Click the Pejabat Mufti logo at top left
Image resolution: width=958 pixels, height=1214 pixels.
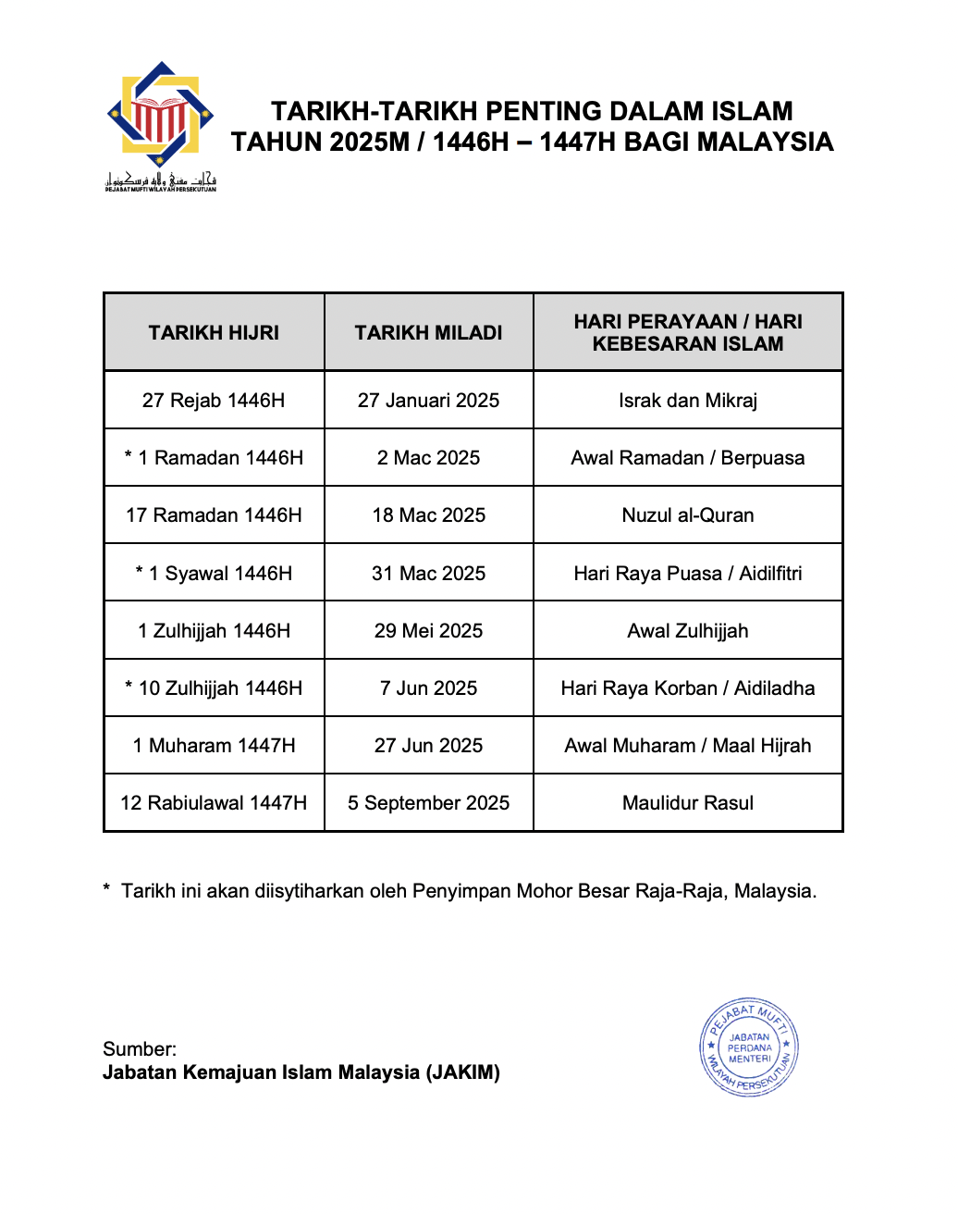coord(161,126)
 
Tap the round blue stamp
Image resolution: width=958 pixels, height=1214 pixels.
coord(749,1048)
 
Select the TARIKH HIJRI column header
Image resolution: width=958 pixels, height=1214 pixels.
coord(214,333)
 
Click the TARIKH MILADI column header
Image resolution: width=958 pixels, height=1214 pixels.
coord(428,333)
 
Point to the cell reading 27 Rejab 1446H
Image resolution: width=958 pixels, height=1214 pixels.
coord(214,401)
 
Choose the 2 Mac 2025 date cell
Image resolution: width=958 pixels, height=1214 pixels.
coord(428,458)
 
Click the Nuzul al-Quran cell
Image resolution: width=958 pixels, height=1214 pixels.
coord(687,515)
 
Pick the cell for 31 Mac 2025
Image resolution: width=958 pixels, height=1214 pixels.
coord(428,574)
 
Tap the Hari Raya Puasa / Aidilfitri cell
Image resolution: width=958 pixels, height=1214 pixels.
coord(687,574)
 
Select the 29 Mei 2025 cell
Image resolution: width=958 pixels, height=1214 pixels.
coord(428,631)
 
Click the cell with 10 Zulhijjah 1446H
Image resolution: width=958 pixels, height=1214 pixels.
coord(214,688)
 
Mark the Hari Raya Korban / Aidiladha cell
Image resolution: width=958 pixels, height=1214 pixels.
coord(687,688)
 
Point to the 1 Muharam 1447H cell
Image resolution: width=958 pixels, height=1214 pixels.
coord(214,746)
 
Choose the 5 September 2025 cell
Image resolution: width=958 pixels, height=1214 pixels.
coord(428,803)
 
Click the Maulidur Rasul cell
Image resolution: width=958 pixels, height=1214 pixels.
coord(687,803)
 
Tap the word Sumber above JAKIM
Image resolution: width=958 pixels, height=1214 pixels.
coord(139,1049)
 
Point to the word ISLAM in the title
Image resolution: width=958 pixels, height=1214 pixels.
coord(751,112)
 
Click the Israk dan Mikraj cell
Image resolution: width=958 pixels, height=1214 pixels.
coord(687,401)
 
